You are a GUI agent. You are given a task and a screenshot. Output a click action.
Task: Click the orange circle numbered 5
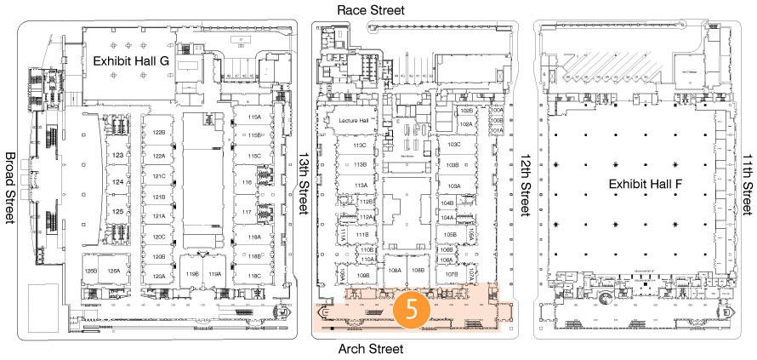(411, 310)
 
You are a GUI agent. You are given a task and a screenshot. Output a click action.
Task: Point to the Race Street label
(370, 9)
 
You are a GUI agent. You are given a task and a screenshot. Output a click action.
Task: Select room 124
(118, 182)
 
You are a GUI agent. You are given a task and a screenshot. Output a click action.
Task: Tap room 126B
(91, 271)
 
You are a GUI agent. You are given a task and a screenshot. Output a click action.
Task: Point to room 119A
(215, 274)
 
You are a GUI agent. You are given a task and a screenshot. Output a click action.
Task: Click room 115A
(253, 117)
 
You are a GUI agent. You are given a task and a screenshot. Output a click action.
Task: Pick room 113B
(360, 164)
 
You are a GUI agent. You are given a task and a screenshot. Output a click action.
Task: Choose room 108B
(417, 270)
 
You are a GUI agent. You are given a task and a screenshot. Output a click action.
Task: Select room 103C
(453, 145)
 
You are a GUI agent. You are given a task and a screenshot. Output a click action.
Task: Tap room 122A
(158, 157)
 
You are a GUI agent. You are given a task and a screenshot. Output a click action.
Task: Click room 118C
(253, 276)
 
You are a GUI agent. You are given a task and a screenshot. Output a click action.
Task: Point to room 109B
(363, 276)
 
